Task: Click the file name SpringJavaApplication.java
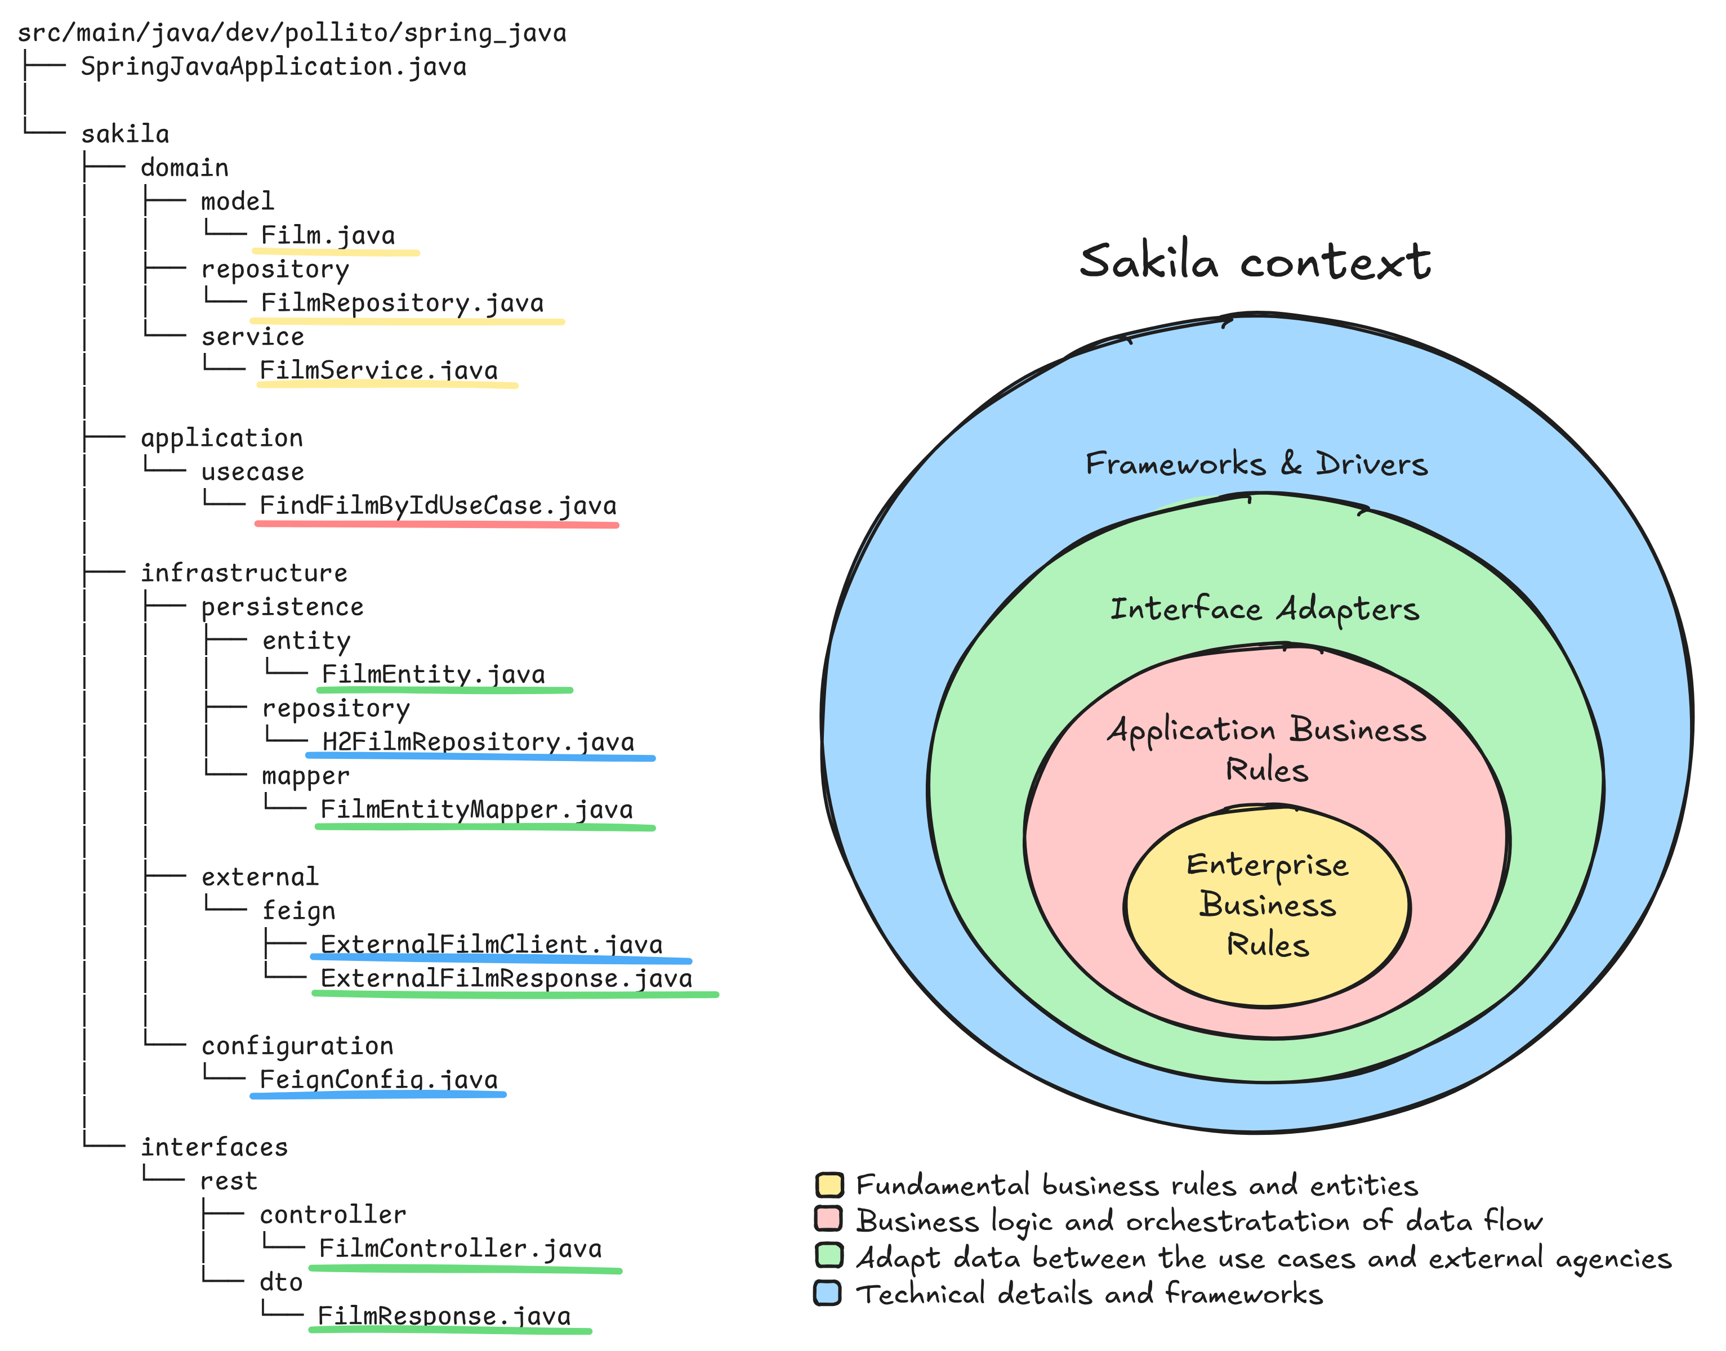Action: click(273, 66)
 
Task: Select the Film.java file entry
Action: click(328, 236)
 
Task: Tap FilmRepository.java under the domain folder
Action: click(402, 303)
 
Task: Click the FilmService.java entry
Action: click(378, 370)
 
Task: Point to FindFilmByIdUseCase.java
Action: click(438, 505)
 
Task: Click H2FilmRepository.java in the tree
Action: click(478, 741)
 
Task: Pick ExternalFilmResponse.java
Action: click(506, 978)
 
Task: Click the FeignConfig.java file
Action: click(378, 1079)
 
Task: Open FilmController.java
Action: click(460, 1248)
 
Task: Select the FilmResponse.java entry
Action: click(444, 1316)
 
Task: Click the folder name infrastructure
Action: click(244, 572)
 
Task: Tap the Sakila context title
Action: click(1255, 261)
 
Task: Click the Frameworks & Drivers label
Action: click(1256, 463)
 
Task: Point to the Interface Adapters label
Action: click(1264, 609)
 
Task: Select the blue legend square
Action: click(827, 1292)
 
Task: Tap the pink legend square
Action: click(828, 1219)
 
